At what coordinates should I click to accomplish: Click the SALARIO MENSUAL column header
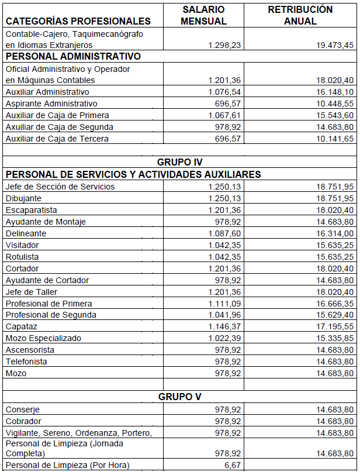[203, 15]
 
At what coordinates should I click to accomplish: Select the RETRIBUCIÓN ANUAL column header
[300, 15]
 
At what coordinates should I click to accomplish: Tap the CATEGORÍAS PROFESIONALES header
[78, 21]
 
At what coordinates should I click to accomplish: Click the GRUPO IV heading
[180, 162]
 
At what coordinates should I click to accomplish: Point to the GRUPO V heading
[180, 397]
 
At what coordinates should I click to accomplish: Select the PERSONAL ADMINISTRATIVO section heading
[73, 57]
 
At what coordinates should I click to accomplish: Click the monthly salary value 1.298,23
[224, 45]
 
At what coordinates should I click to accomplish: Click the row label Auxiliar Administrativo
[47, 92]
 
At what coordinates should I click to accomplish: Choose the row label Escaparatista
[32, 210]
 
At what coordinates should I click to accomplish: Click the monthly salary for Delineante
[224, 233]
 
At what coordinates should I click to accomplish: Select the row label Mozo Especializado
[43, 338]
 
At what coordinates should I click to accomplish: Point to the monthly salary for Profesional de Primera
[224, 304]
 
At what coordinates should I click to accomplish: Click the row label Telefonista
[26, 362]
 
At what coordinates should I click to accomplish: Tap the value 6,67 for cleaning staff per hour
[233, 465]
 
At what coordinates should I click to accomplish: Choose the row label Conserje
[23, 409]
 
